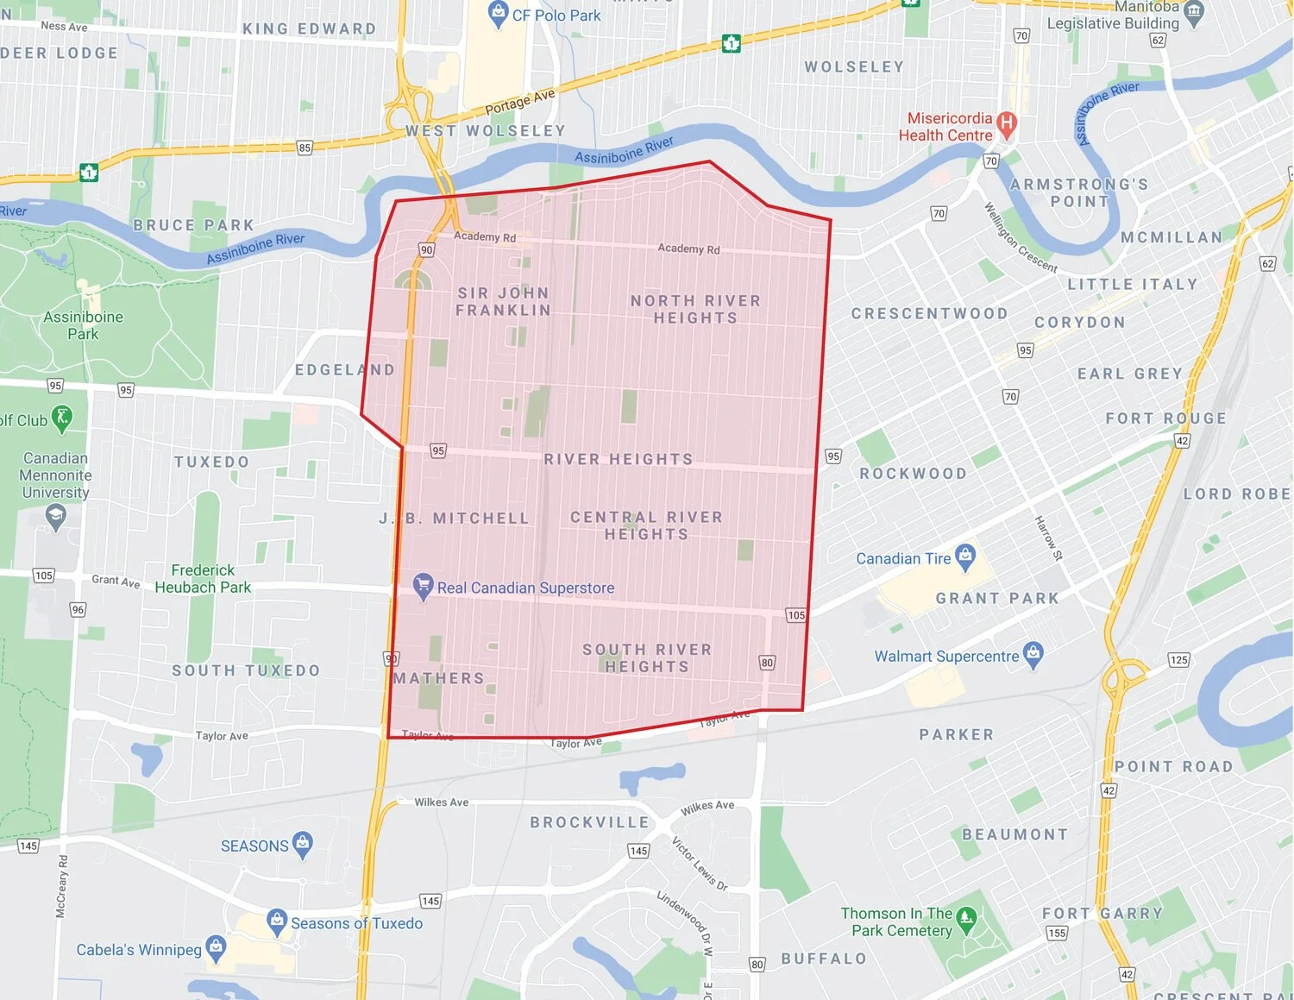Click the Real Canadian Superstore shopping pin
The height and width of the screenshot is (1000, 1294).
click(x=423, y=586)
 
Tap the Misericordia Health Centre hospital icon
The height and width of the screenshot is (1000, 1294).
click(x=1006, y=123)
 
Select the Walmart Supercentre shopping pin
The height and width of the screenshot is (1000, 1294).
click(x=1033, y=653)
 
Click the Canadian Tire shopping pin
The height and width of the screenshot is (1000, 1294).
click(x=965, y=557)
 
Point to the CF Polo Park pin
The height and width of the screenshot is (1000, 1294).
click(x=498, y=13)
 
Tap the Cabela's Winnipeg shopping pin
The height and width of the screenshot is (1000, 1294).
click(x=216, y=947)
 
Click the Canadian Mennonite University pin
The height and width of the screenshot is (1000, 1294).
click(x=56, y=517)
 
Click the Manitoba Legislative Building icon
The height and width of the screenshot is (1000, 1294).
click(x=1194, y=11)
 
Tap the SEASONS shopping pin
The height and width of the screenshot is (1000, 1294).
click(x=302, y=844)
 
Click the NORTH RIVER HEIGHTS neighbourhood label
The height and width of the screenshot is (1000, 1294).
click(x=695, y=309)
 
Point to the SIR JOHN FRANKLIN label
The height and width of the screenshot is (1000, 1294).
click(x=503, y=301)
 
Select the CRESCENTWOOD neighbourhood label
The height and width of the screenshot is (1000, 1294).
click(x=929, y=313)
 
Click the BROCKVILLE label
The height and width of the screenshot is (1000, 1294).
click(x=589, y=822)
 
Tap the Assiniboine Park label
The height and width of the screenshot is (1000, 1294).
click(x=83, y=325)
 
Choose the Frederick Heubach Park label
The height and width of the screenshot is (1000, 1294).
click(x=203, y=578)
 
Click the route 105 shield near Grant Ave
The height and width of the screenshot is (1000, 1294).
click(x=43, y=575)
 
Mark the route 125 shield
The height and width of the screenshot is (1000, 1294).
click(x=1178, y=660)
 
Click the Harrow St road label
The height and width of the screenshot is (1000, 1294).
click(x=1048, y=538)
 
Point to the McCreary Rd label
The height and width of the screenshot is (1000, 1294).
click(x=61, y=886)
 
